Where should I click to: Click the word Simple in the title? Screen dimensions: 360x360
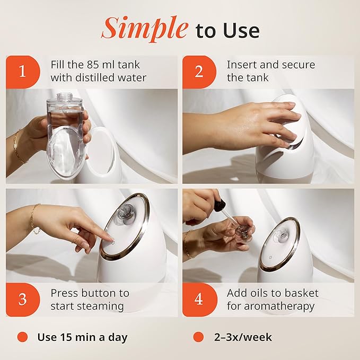(x=144, y=29)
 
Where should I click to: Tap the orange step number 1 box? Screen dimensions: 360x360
(x=22, y=72)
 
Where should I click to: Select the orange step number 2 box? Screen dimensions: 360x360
(x=199, y=72)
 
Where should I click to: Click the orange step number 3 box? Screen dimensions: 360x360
(x=22, y=299)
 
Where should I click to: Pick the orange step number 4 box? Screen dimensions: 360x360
(x=199, y=299)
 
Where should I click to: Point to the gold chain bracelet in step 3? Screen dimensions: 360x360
(x=34, y=218)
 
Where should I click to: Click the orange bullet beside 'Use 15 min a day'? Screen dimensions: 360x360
(x=22, y=337)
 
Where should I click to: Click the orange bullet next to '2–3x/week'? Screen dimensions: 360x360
(x=198, y=337)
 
